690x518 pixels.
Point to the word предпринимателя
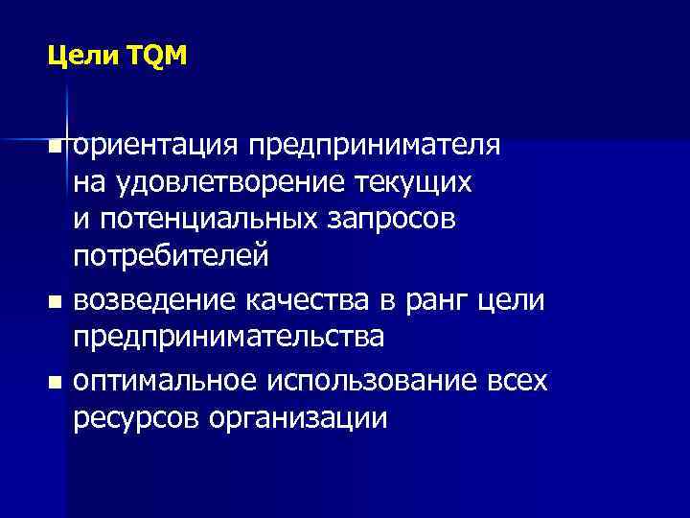click(373, 145)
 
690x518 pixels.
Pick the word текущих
click(416, 181)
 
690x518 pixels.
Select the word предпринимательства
click(229, 339)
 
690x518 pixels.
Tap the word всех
click(513, 381)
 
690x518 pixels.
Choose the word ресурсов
click(136, 419)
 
